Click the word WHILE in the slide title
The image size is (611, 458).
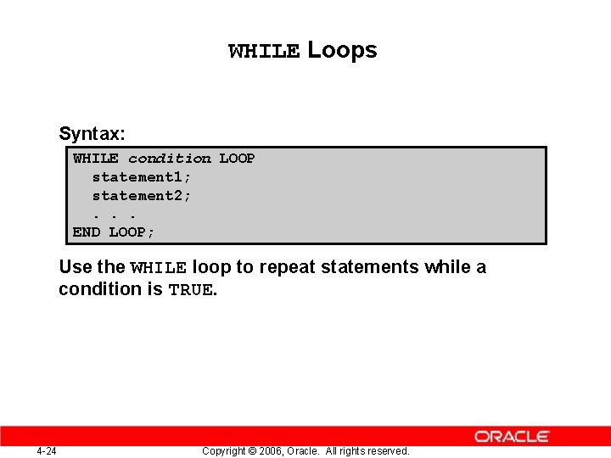(x=264, y=52)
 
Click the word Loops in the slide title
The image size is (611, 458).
(x=342, y=50)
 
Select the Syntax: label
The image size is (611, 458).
(x=92, y=134)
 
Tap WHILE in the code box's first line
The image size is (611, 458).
(x=96, y=159)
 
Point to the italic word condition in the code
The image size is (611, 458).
(x=169, y=159)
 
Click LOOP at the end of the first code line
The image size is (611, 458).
(x=237, y=159)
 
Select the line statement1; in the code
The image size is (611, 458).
(x=142, y=177)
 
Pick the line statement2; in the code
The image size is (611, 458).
(x=142, y=196)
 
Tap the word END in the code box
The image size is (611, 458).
(x=87, y=232)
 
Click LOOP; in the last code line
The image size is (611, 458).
(x=132, y=232)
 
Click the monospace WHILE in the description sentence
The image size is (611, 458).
(x=159, y=268)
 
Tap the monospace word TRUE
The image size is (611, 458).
(x=190, y=290)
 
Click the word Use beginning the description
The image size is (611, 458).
(x=76, y=267)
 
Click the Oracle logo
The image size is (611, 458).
(x=512, y=437)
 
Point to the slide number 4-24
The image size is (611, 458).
(x=47, y=451)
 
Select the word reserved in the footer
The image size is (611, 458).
(x=387, y=451)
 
